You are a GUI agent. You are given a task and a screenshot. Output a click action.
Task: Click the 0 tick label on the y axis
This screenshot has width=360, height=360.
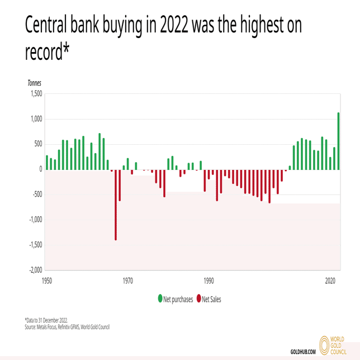click(x=40, y=169)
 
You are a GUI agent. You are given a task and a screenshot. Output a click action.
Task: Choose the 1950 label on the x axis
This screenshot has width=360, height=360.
click(x=48, y=281)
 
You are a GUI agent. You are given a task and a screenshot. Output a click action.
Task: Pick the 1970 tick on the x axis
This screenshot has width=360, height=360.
click(x=128, y=281)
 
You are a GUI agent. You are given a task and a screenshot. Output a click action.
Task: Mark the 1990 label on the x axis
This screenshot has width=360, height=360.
click(x=209, y=281)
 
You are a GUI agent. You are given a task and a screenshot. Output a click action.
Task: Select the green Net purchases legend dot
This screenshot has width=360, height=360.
click(x=160, y=299)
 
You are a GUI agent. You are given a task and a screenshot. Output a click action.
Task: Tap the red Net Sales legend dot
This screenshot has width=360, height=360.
click(x=198, y=299)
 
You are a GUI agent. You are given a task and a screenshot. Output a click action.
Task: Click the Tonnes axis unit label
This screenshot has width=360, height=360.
click(x=34, y=83)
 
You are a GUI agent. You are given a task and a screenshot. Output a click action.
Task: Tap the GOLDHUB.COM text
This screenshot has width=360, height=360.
click(x=304, y=352)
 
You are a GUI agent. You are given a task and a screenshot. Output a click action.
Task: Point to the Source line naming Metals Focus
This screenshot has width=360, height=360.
click(x=67, y=326)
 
